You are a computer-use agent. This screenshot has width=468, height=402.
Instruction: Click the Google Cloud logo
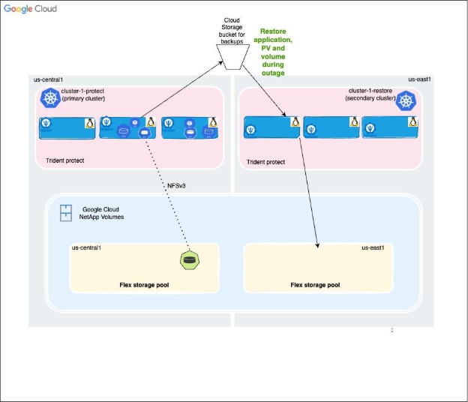click(30, 10)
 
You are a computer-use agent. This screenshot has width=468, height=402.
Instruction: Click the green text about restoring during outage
click(277, 52)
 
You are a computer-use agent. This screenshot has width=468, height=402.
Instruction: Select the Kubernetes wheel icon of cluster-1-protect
click(51, 99)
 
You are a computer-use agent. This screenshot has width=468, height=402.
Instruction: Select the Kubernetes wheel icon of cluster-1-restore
click(406, 100)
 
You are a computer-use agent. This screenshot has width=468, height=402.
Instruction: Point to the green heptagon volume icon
click(187, 260)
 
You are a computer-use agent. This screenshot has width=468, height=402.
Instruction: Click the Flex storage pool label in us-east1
click(315, 285)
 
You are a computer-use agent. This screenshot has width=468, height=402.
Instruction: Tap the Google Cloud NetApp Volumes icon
click(66, 213)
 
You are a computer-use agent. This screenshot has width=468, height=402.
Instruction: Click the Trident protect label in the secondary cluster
click(265, 161)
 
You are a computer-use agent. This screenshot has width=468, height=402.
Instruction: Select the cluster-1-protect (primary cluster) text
click(84, 94)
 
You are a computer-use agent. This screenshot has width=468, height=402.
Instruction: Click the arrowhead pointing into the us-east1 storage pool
click(319, 246)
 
